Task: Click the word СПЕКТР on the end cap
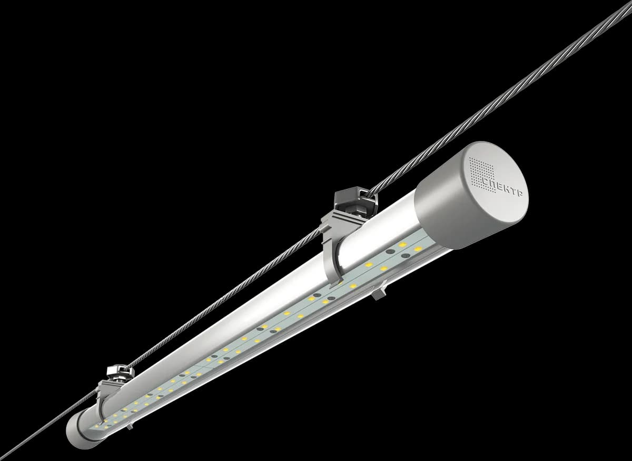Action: coord(502,186)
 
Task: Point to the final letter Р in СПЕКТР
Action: coord(519,193)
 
